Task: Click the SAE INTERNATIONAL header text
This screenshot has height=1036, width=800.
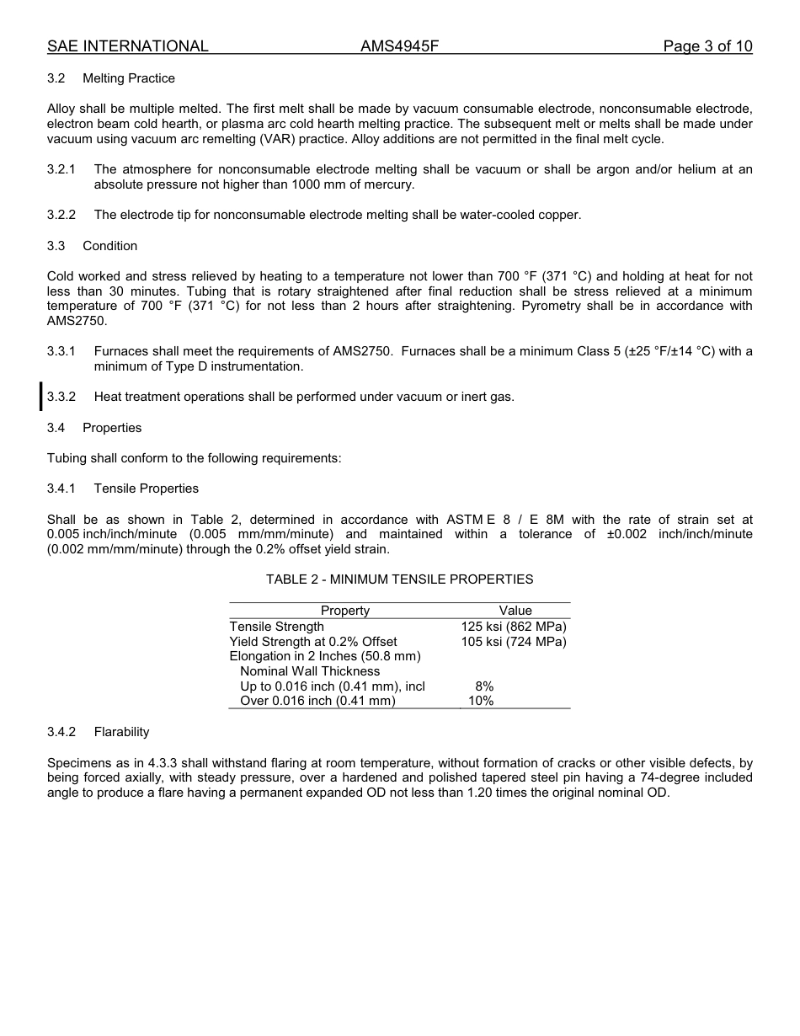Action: click(x=127, y=46)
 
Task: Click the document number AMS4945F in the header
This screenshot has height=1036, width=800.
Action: click(x=399, y=46)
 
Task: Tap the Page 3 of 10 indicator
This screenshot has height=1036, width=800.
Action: click(x=707, y=46)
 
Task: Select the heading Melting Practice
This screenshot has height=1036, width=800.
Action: click(x=129, y=78)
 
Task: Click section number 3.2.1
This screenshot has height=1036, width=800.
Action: click(x=61, y=169)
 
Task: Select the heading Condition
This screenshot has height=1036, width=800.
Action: click(x=109, y=246)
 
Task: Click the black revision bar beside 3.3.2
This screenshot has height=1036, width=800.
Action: click(x=40, y=396)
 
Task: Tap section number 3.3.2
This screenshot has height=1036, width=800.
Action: click(x=61, y=397)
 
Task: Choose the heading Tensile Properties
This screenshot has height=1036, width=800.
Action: click(x=146, y=489)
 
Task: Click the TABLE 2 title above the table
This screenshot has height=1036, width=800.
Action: click(x=399, y=579)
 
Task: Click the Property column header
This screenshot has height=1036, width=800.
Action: click(x=344, y=611)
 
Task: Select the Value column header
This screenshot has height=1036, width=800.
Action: click(x=515, y=611)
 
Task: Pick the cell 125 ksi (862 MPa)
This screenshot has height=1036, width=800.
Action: click(x=514, y=627)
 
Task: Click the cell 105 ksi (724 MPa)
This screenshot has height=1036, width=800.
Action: click(x=514, y=642)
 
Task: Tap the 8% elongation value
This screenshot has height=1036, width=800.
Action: click(x=484, y=686)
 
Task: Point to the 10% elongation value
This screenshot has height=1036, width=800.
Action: click(x=481, y=701)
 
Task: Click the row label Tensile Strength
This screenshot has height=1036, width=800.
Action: click(x=276, y=627)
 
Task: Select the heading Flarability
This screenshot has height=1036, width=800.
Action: click(x=121, y=732)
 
